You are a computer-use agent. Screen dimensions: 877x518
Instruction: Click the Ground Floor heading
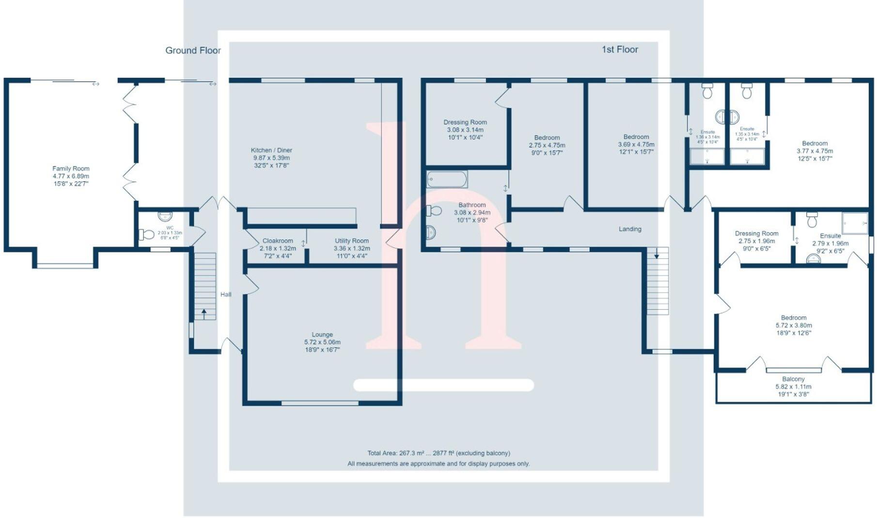(193, 50)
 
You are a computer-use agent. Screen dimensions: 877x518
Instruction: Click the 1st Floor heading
(620, 49)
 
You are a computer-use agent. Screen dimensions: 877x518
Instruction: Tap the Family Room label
(71, 169)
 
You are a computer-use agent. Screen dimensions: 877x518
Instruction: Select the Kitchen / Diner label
(271, 150)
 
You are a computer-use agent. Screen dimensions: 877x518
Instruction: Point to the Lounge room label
(322, 334)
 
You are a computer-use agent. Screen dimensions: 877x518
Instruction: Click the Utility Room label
(352, 241)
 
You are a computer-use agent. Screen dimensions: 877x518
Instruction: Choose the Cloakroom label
(278, 241)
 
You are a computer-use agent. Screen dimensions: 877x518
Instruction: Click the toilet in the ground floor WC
(147, 235)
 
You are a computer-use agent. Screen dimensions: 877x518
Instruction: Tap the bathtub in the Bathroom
(447, 179)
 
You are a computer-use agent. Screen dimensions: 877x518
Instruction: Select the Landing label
(630, 229)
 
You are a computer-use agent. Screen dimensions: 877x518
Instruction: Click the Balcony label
(793, 379)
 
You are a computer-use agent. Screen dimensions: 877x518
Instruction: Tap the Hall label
(226, 294)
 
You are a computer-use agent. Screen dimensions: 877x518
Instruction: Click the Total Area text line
(438, 453)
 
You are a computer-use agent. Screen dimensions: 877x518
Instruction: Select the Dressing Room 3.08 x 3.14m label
(465, 122)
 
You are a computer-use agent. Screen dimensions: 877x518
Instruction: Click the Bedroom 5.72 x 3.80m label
(794, 318)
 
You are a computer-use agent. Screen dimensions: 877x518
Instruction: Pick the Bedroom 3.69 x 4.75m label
(636, 137)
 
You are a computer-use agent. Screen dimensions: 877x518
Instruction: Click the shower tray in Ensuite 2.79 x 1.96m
(855, 223)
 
